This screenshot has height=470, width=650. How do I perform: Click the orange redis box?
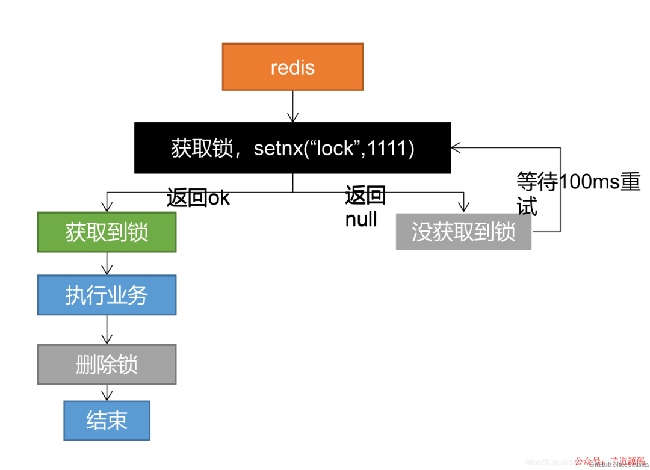[x=292, y=67]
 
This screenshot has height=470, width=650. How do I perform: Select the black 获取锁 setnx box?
[x=292, y=148]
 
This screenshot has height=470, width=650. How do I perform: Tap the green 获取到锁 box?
[x=107, y=232]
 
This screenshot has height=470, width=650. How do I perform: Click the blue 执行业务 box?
[x=107, y=295]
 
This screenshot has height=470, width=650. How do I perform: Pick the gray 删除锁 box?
[x=107, y=364]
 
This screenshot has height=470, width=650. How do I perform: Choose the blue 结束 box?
[x=107, y=420]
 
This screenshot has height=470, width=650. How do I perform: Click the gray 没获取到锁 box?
[x=463, y=232]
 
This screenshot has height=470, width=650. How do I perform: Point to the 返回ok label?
[x=198, y=197]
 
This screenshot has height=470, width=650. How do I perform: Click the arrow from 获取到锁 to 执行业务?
[x=107, y=264]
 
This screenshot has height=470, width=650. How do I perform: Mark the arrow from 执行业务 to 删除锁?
[x=107, y=329]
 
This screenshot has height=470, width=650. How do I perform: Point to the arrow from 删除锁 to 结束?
[x=107, y=393]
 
